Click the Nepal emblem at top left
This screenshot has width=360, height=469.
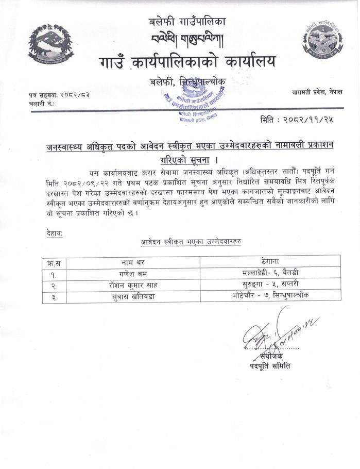click(50, 44)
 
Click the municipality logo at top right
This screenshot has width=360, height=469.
click(323, 39)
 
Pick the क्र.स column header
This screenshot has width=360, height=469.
click(54, 261)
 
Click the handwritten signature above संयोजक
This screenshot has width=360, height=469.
click(276, 332)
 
